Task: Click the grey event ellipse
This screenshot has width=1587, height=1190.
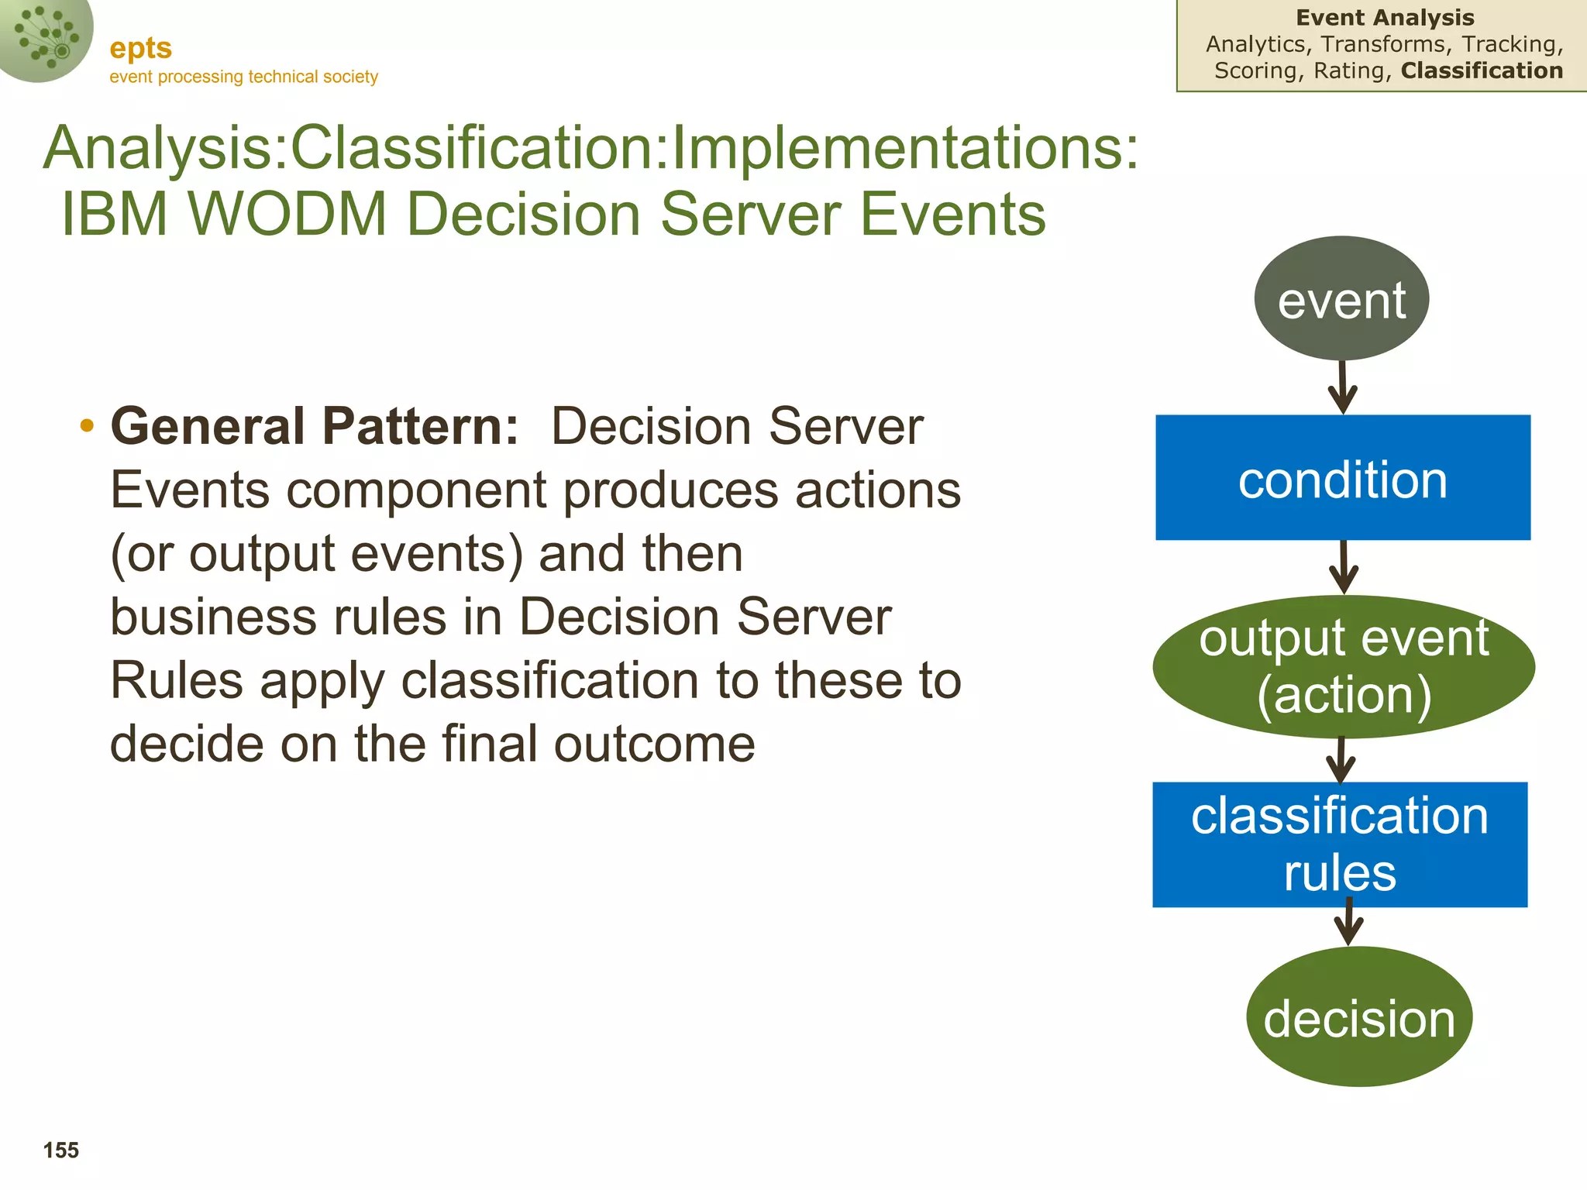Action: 1341,298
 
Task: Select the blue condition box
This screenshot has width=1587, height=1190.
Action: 1342,477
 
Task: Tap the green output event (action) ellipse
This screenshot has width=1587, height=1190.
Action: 1343,666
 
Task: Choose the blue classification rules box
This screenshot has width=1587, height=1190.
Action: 1340,844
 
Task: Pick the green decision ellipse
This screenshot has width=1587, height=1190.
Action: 1359,1016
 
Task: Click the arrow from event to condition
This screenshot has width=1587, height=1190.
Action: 1343,387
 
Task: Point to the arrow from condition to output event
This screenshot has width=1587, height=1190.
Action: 1344,567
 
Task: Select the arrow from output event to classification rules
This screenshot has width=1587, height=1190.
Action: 1341,760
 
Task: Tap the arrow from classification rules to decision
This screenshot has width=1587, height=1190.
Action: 1349,922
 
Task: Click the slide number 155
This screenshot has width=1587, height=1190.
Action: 61,1150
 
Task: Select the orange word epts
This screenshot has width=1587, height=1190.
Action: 140,48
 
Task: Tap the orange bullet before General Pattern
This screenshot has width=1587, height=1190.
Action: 87,425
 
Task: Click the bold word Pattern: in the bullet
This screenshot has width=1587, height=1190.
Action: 419,426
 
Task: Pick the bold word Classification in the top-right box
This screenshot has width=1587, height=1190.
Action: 1482,71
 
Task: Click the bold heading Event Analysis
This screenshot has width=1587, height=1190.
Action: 1385,17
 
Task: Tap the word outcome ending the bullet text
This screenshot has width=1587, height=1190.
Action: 654,744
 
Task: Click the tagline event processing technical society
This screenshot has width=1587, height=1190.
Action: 243,77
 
